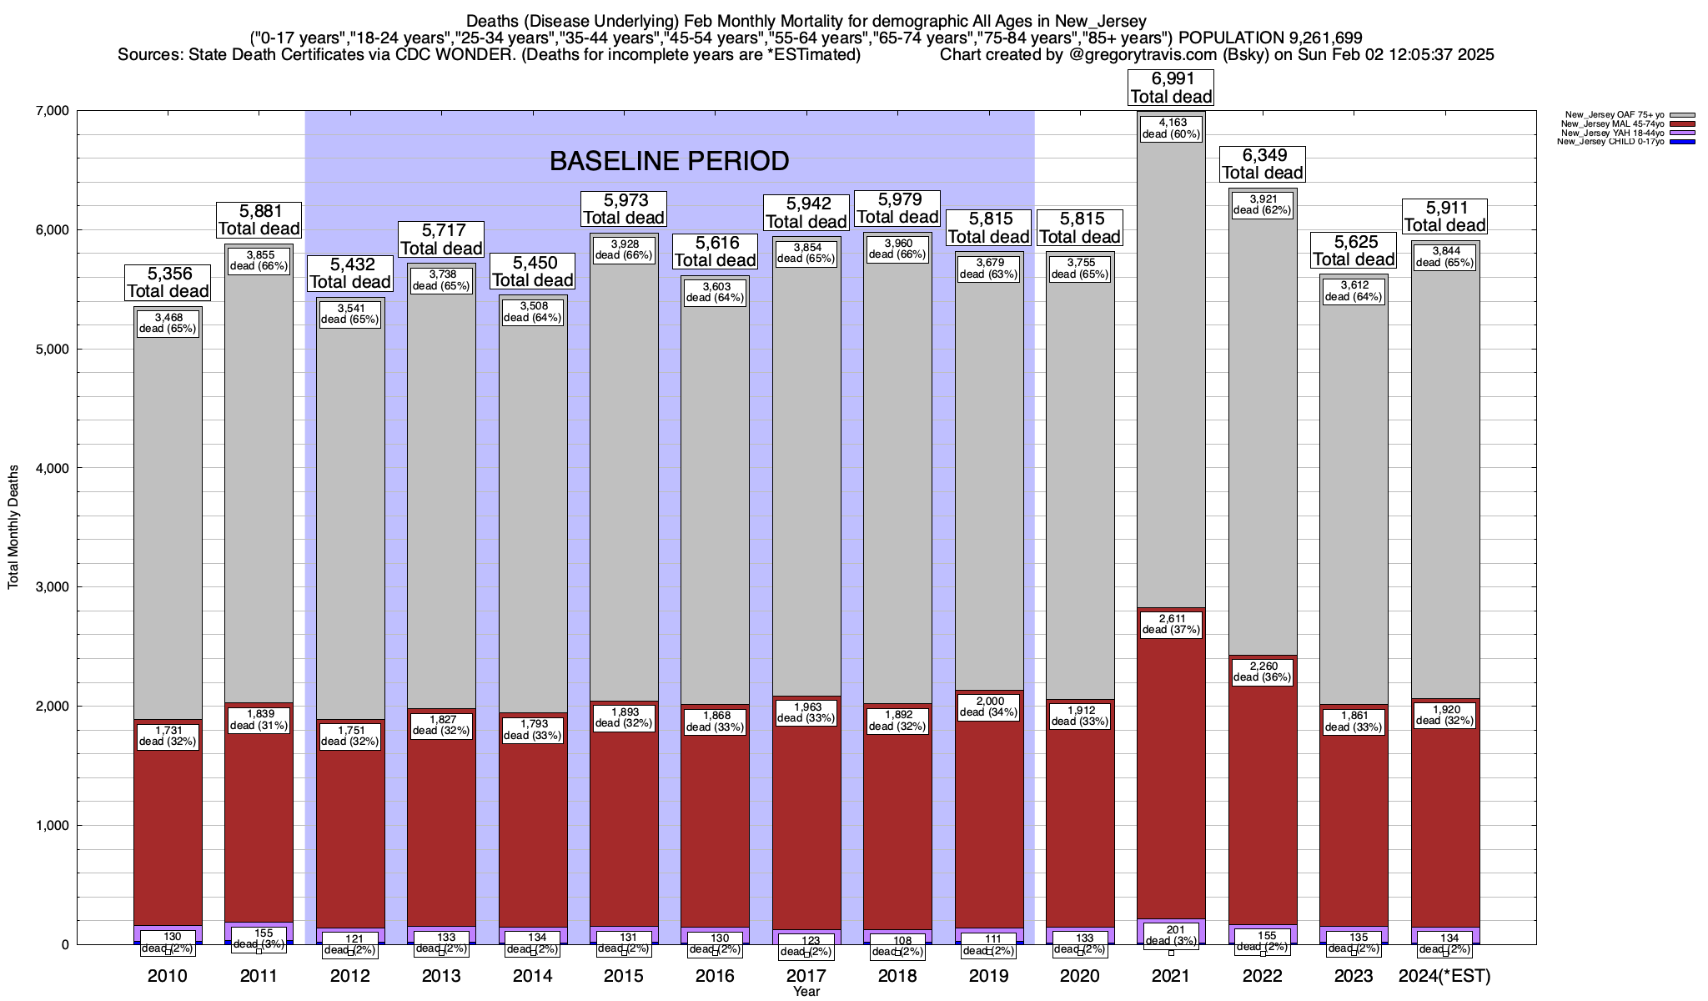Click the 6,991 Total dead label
pos(1171,88)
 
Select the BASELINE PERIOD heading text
pos(669,160)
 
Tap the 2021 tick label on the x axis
pos(1171,976)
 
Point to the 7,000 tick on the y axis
pos(52,111)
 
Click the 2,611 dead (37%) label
pos(1171,624)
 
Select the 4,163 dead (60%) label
pos(1171,128)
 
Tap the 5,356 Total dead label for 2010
pos(168,282)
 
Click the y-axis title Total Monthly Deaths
pos(13,527)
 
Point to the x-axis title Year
pos(806,992)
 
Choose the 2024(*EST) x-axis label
pos(1444,976)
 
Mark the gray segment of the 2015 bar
pos(624,467)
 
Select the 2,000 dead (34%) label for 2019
pos(988,707)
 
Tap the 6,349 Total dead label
pos(1263,164)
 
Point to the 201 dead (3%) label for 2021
pos(1171,935)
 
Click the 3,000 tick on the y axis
pos(52,587)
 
